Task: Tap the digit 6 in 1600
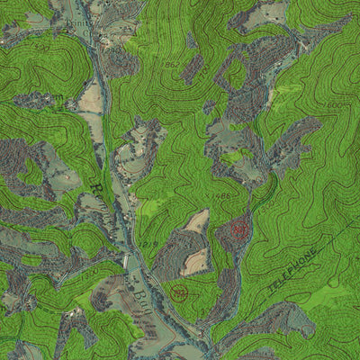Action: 331,105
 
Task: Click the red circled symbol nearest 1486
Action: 238,229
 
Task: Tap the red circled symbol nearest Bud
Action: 178,292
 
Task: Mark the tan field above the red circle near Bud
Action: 193,261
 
